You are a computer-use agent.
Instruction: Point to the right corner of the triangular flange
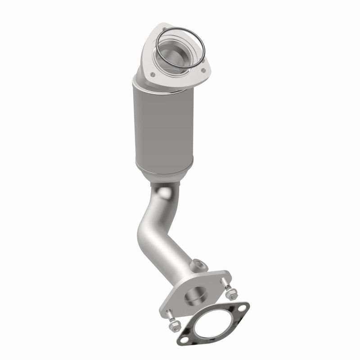point(207,71)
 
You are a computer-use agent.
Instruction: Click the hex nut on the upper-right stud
point(231,294)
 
